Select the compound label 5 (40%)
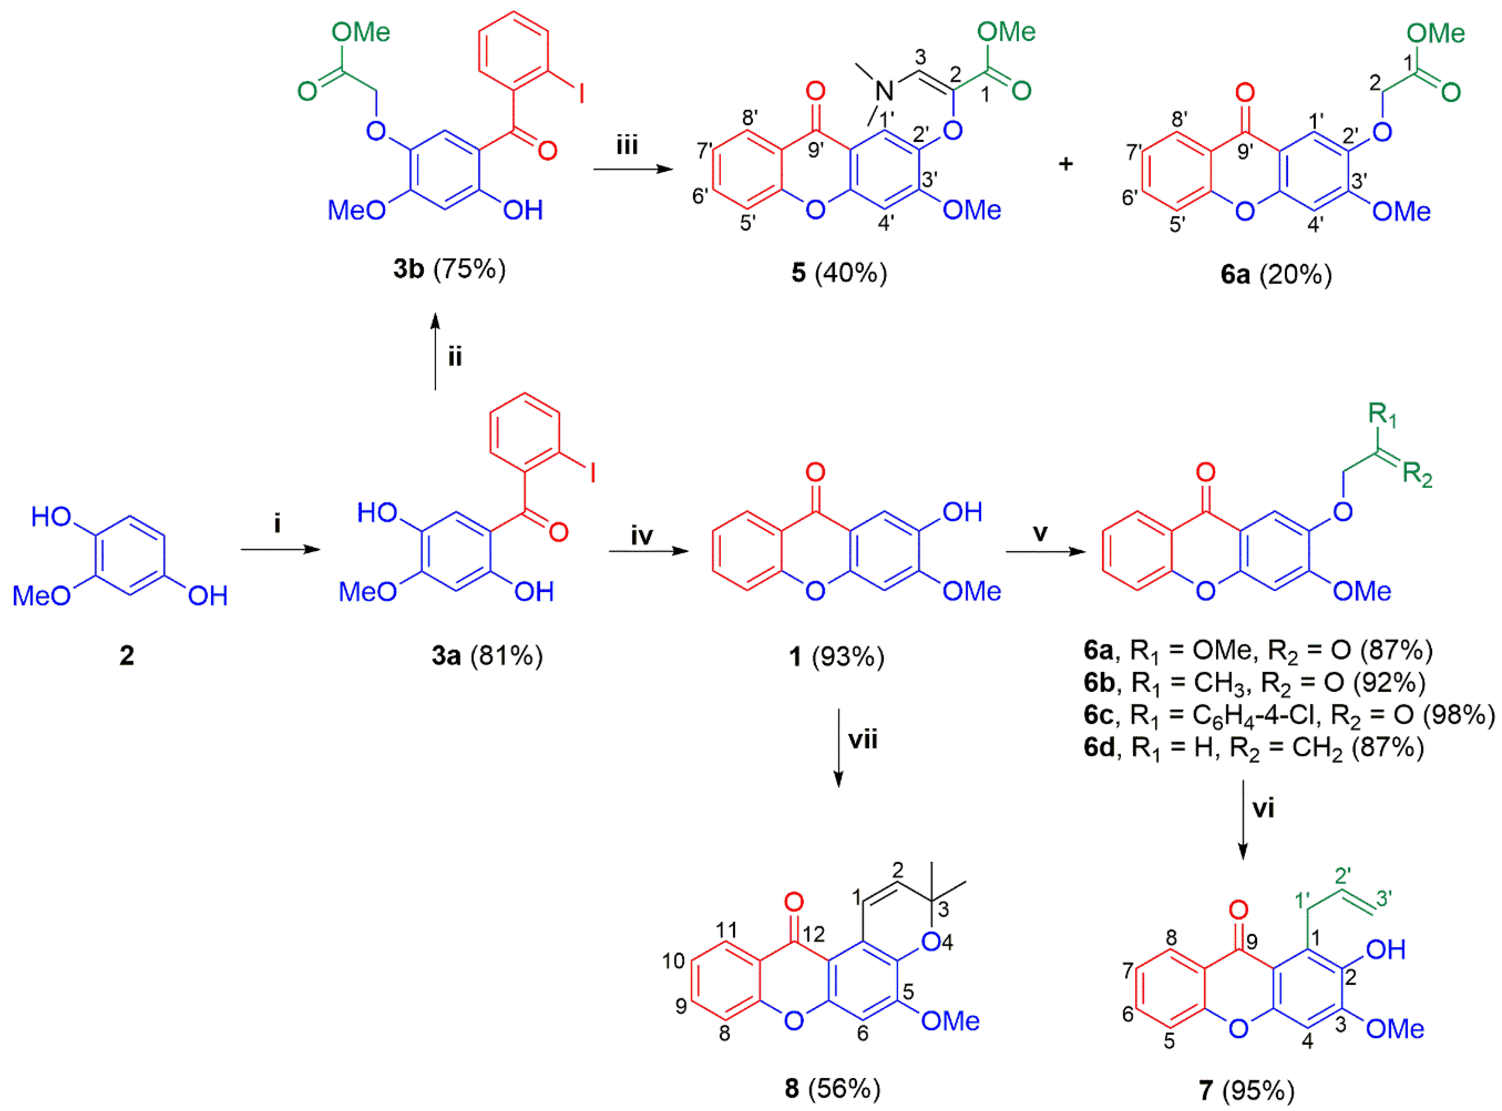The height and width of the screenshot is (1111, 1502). tap(839, 273)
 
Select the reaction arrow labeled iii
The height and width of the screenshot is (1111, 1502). tap(632, 169)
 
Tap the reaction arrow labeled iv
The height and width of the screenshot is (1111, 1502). tap(649, 551)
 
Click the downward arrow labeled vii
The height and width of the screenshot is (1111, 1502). tap(838, 746)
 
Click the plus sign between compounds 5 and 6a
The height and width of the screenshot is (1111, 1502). tap(1066, 163)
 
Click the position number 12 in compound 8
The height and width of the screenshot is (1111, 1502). tap(813, 934)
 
